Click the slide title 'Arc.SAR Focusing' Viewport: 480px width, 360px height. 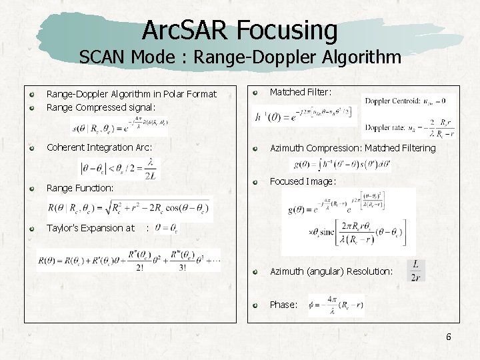coord(240,30)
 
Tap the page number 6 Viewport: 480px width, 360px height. coord(449,337)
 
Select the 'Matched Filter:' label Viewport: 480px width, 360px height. coord(300,92)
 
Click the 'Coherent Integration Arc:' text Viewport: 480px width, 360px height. coord(99,147)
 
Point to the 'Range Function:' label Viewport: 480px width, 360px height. coord(79,188)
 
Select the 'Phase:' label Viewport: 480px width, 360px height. coord(283,305)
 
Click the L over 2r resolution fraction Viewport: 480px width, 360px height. coord(416,271)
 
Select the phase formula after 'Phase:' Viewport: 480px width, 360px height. coord(336,305)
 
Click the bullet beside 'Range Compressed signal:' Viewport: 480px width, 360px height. coord(31,107)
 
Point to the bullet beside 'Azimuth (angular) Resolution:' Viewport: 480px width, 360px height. coord(255,271)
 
